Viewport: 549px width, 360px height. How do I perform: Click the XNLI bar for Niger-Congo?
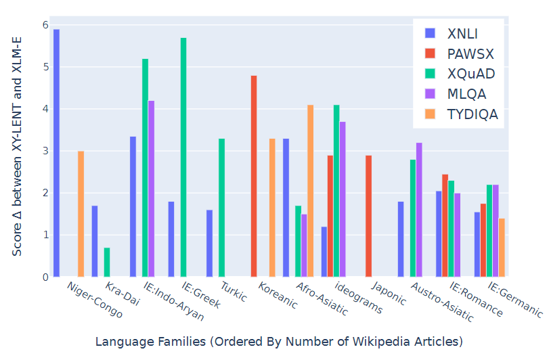click(x=56, y=153)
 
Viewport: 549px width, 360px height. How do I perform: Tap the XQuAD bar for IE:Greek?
click(x=183, y=157)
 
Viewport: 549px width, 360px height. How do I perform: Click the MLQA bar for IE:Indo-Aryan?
click(x=152, y=189)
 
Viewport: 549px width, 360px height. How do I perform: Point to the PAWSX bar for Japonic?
click(x=368, y=216)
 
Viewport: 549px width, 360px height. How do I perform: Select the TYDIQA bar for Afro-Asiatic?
click(x=311, y=191)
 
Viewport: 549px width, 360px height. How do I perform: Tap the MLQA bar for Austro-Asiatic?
click(x=419, y=210)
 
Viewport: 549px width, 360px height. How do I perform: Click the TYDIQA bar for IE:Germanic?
click(x=502, y=248)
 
